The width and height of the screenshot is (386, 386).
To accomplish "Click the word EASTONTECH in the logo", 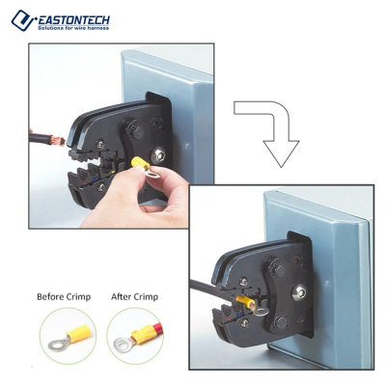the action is [73, 20].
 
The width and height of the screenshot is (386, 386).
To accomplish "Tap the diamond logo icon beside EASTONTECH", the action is [23, 20].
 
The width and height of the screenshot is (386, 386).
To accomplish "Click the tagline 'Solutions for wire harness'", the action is [73, 28].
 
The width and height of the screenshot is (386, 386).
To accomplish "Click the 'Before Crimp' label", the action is [64, 296].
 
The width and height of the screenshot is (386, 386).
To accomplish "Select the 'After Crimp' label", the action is [134, 296].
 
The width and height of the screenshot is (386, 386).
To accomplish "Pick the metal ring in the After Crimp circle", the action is [124, 345].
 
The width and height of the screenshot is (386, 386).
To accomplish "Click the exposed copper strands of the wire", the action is [59, 141].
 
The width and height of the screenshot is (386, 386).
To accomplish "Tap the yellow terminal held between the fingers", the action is [141, 162].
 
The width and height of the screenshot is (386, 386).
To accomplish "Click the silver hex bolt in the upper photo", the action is [158, 155].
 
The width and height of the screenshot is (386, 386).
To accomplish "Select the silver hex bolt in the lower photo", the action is [299, 292].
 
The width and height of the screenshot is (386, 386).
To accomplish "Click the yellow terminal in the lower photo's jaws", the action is [245, 302].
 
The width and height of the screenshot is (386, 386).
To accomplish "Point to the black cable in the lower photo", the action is [206, 288].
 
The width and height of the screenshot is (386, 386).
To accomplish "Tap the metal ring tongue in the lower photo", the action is [260, 311].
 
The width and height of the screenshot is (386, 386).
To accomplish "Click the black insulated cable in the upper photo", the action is [41, 139].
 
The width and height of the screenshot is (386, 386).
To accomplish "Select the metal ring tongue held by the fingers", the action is [152, 174].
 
